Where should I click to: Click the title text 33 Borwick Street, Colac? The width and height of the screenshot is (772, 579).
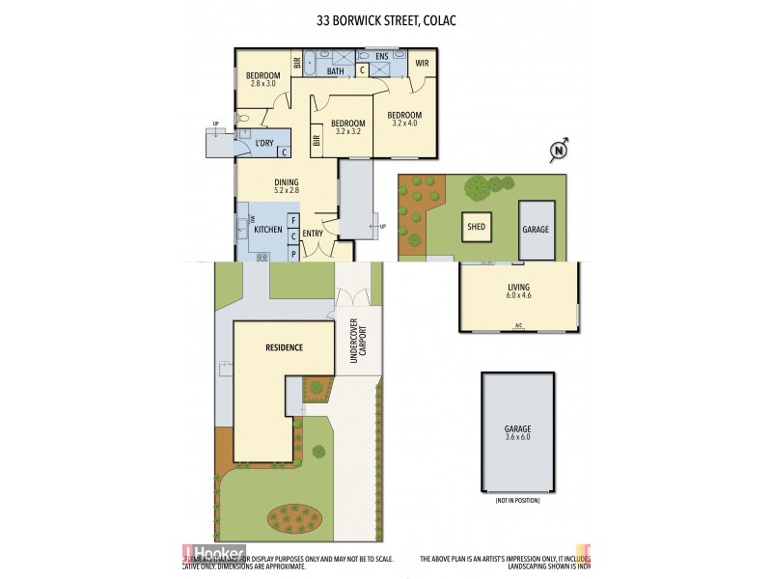(386, 20)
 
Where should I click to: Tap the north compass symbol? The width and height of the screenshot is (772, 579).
(557, 149)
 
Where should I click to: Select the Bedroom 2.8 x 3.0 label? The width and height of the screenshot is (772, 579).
(262, 80)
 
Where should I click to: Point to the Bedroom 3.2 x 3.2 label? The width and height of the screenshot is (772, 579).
(347, 127)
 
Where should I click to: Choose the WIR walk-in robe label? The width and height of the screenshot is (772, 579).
(422, 63)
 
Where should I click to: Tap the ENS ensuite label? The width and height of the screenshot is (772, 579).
(382, 57)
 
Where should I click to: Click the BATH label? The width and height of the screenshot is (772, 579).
(336, 71)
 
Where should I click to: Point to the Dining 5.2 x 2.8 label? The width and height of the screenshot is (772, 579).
(286, 186)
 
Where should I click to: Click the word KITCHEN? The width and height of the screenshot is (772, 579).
(267, 230)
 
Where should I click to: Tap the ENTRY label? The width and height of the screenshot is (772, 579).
(313, 234)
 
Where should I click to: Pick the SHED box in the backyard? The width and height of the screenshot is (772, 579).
(477, 228)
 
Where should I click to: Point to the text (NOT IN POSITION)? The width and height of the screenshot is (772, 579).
(517, 501)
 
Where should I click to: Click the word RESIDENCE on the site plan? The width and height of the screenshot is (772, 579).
(285, 347)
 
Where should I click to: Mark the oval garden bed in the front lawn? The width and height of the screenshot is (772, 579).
(294, 517)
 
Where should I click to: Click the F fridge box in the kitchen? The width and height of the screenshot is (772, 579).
(292, 221)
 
